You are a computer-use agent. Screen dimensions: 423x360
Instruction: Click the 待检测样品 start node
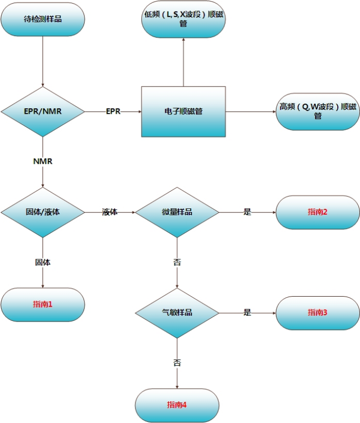tap(43, 20)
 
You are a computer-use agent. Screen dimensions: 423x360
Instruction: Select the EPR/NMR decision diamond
tap(43, 112)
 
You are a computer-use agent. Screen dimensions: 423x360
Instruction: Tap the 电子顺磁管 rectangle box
tap(183, 112)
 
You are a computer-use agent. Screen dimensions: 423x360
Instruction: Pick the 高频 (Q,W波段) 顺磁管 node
tap(318, 112)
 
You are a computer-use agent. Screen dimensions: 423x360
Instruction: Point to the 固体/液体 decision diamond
tap(43, 213)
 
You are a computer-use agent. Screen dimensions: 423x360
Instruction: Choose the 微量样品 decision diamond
tap(177, 213)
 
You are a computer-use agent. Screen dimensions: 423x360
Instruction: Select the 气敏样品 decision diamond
tap(177, 312)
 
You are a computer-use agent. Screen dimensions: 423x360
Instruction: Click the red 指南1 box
tap(43, 305)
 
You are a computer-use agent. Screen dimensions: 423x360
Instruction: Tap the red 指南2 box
tap(318, 213)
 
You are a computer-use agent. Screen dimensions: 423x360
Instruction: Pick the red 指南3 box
tap(318, 312)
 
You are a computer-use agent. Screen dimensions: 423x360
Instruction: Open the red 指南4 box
tap(177, 405)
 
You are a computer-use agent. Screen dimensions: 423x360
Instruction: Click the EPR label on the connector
tap(113, 112)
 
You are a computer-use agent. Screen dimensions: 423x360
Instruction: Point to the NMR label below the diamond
tap(43, 161)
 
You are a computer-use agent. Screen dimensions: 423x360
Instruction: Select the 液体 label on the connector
tap(110, 213)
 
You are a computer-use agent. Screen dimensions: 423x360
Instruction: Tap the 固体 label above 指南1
tap(43, 262)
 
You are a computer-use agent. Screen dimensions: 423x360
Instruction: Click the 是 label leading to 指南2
tap(247, 213)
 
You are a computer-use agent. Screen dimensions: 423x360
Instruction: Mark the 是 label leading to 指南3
tap(247, 312)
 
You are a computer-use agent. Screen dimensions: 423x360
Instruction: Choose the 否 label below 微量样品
tap(177, 262)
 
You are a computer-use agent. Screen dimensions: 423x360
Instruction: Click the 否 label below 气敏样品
tap(177, 363)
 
